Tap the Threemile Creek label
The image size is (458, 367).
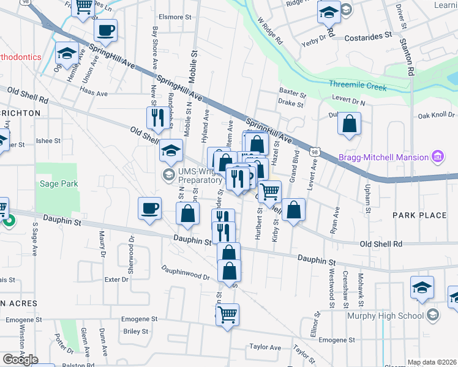click(x=358, y=86)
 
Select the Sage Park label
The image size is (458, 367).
click(x=59, y=183)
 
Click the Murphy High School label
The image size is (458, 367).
click(x=385, y=316)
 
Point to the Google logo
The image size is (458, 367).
click(x=20, y=359)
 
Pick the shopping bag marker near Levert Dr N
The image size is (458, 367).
click(x=349, y=124)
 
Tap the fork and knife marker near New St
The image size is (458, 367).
click(x=158, y=117)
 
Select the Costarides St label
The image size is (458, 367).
click(x=367, y=37)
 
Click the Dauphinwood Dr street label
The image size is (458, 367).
click(x=186, y=273)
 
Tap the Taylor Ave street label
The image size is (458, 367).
click(x=265, y=347)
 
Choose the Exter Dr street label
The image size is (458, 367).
click(x=116, y=280)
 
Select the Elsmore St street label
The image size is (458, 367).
click(x=175, y=17)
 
